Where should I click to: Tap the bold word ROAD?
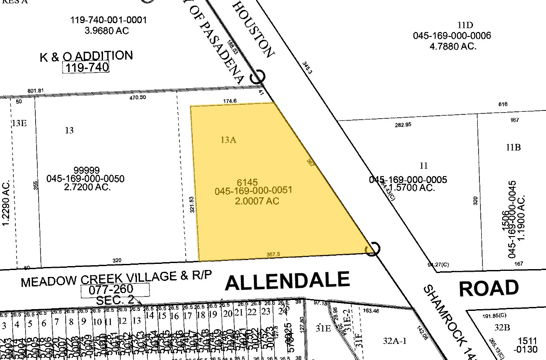tap(489, 288)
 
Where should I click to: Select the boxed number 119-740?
tap(86, 67)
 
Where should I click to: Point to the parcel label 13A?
tap(229, 140)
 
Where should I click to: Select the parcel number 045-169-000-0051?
tap(253, 190)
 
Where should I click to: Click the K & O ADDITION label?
tap(86, 56)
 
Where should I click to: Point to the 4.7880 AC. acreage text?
tap(452, 46)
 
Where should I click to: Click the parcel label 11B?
tap(513, 147)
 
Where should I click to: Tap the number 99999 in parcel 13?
tap(87, 170)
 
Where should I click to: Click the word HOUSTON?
tap(254, 29)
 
